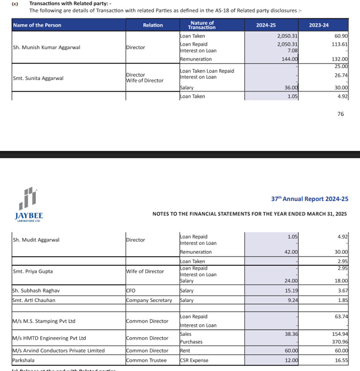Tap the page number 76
coord(341,114)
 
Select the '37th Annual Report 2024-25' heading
coord(309,199)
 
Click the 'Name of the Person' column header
coord(37,25)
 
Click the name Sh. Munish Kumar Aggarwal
coord(46,48)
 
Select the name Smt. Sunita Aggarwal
coord(38,78)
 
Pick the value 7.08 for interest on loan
coord(292,51)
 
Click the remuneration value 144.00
coord(290,59)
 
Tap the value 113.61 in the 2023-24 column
coord(340,44)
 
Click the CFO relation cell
coord(130,291)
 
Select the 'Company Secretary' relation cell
coord(149,300)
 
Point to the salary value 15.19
coord(292,291)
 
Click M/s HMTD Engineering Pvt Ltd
coord(49,338)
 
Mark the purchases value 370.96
coord(340,342)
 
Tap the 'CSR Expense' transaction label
coord(194,360)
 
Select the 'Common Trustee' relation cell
coord(146,360)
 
